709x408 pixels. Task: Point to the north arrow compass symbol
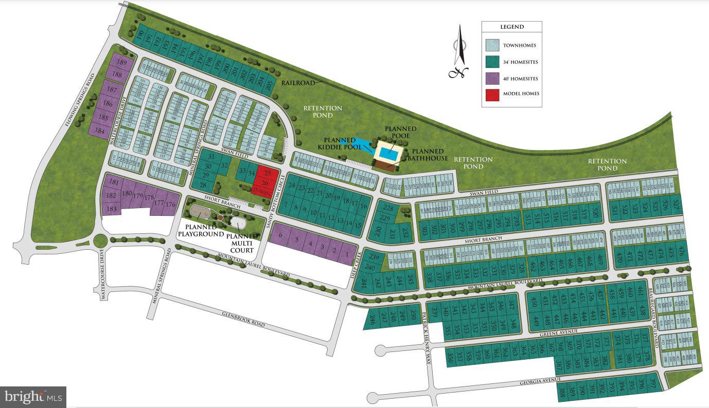point(459,51)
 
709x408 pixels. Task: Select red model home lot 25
point(267,173)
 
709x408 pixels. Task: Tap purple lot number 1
point(347,253)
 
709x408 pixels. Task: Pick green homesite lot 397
point(653,383)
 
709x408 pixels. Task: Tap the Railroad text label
point(297,83)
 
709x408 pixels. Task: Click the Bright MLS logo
point(33,397)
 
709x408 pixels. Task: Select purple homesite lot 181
point(114,182)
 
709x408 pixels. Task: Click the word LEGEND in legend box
point(511,27)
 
